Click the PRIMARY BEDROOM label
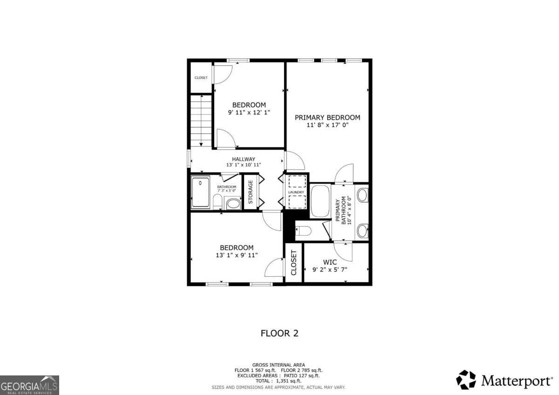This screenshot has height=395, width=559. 327,117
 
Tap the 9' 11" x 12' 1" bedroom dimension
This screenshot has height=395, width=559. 249,112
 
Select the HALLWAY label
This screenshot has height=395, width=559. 244,159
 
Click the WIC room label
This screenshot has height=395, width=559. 330,262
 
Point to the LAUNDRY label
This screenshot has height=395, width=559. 296,192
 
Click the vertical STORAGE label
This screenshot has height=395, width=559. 251,192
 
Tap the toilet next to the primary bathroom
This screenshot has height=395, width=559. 303,231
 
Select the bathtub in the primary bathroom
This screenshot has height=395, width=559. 320,201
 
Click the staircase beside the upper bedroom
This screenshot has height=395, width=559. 201,121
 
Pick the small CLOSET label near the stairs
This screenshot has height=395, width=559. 201,78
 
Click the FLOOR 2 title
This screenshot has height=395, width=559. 279,334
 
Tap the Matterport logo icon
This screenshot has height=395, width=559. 466,380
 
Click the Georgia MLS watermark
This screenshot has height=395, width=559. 29,385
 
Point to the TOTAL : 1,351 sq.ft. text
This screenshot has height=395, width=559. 279,381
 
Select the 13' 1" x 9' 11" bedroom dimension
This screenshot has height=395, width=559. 237,255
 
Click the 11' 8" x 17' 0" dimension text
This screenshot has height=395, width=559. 327,125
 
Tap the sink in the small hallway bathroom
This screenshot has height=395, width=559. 233,204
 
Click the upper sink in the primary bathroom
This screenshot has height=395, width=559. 362,195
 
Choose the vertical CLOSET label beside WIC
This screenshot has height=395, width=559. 293,263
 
